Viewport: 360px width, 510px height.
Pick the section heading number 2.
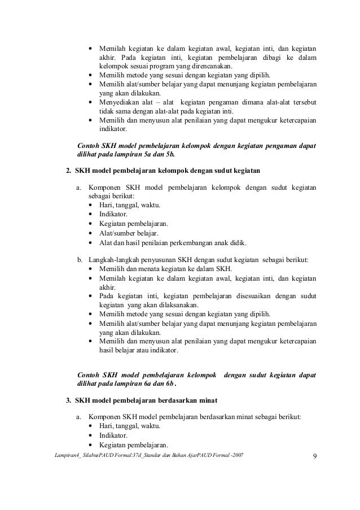pyautogui.click(x=69, y=170)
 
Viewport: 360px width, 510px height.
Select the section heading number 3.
pyautogui.click(x=69, y=400)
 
